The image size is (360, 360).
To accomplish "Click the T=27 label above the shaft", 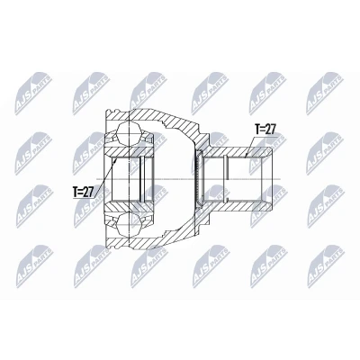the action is (265, 130).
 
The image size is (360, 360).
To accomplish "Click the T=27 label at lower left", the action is (84, 192).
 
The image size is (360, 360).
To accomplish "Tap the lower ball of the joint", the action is (129, 224).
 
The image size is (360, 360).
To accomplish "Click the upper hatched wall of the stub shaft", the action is (237, 152).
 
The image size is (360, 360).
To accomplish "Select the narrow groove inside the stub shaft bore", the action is (226, 179).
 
